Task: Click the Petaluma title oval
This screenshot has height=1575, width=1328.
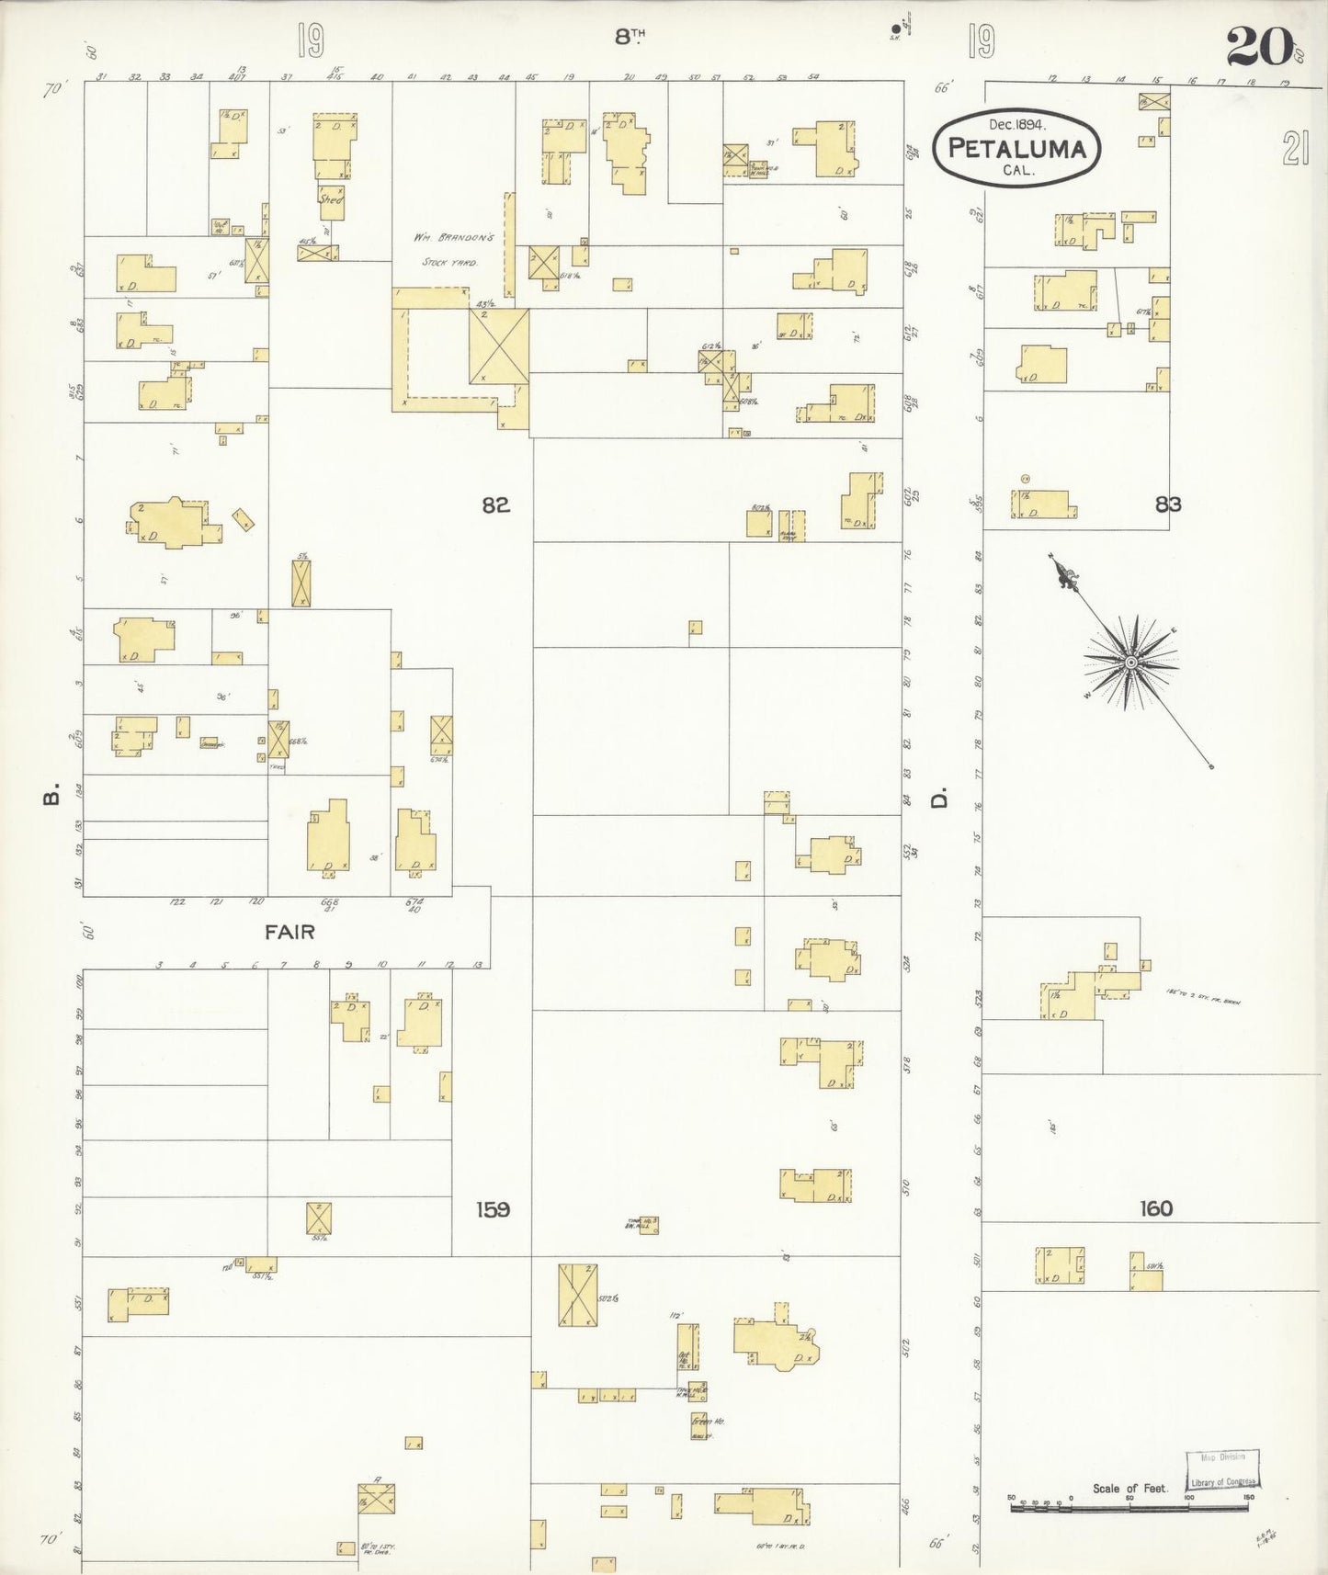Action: [1016, 148]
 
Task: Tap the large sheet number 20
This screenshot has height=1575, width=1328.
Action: [1259, 46]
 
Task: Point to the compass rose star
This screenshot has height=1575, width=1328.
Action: [1130, 662]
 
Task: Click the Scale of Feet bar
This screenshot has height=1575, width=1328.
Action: [1129, 1508]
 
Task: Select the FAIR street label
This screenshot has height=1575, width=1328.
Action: [289, 932]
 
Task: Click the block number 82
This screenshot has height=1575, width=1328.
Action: [495, 504]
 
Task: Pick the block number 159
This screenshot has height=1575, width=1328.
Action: [493, 1209]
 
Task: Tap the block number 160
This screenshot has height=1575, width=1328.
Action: [1155, 1208]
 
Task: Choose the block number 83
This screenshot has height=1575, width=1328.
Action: [1168, 504]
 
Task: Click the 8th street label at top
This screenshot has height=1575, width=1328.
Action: [630, 37]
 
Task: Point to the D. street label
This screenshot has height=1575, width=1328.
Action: [938, 799]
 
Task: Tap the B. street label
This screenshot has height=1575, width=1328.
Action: [51, 794]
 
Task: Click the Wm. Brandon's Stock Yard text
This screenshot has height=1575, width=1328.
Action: [453, 249]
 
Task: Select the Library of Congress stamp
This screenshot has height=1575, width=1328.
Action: [1221, 1469]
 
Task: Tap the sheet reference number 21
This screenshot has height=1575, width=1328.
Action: [1295, 147]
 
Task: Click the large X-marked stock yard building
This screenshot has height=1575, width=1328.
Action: [499, 346]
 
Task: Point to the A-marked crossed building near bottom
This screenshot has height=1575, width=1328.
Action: [377, 1499]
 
